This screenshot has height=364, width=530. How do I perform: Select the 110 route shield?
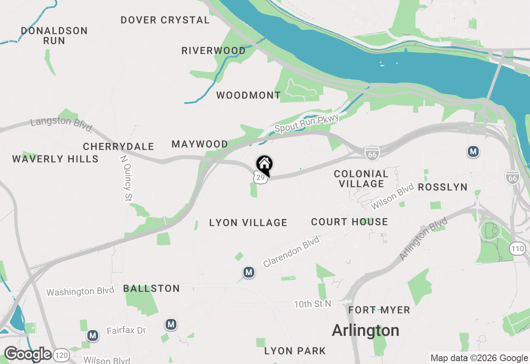(x=517, y=249)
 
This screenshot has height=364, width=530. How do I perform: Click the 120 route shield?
(x=62, y=354)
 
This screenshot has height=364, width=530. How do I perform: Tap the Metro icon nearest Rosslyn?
(x=473, y=151)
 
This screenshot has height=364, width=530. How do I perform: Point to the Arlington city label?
(x=366, y=330)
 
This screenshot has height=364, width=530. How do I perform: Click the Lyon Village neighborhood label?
(x=248, y=223)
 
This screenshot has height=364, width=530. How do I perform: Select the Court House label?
(x=349, y=222)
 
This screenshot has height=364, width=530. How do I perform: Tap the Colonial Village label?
(x=361, y=179)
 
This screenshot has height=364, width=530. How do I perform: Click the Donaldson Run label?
(x=54, y=36)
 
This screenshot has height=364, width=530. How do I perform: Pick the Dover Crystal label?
(x=165, y=20)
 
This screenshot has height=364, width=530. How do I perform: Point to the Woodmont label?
(x=248, y=96)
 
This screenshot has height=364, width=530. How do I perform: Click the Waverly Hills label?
(x=55, y=159)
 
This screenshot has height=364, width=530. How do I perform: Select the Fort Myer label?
(x=379, y=310)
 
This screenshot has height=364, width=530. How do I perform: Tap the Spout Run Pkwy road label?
(x=307, y=123)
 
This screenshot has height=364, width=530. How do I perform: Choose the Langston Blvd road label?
(x=62, y=124)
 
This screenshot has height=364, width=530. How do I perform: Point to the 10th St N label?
(x=313, y=304)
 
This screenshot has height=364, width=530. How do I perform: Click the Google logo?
(x=28, y=354)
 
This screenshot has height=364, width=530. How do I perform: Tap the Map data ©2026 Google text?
(x=479, y=358)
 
